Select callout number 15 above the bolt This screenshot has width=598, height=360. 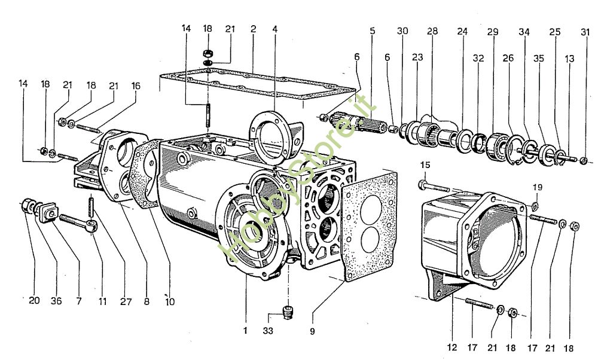pyautogui.click(x=425, y=165)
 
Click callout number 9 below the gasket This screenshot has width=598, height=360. pyautogui.click(x=313, y=330)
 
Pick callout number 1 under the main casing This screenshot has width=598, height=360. pyautogui.click(x=245, y=330)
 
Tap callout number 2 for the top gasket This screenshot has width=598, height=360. pyautogui.click(x=254, y=29)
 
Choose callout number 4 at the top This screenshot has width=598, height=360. pyautogui.click(x=274, y=29)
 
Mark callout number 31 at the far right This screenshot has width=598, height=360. pyautogui.click(x=584, y=31)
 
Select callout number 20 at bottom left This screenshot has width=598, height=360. pyautogui.click(x=34, y=301)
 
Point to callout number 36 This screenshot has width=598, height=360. pyautogui.click(x=56, y=301)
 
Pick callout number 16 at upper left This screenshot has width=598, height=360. pyautogui.click(x=136, y=86)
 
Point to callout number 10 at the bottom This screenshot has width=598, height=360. pyautogui.click(x=170, y=301)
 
